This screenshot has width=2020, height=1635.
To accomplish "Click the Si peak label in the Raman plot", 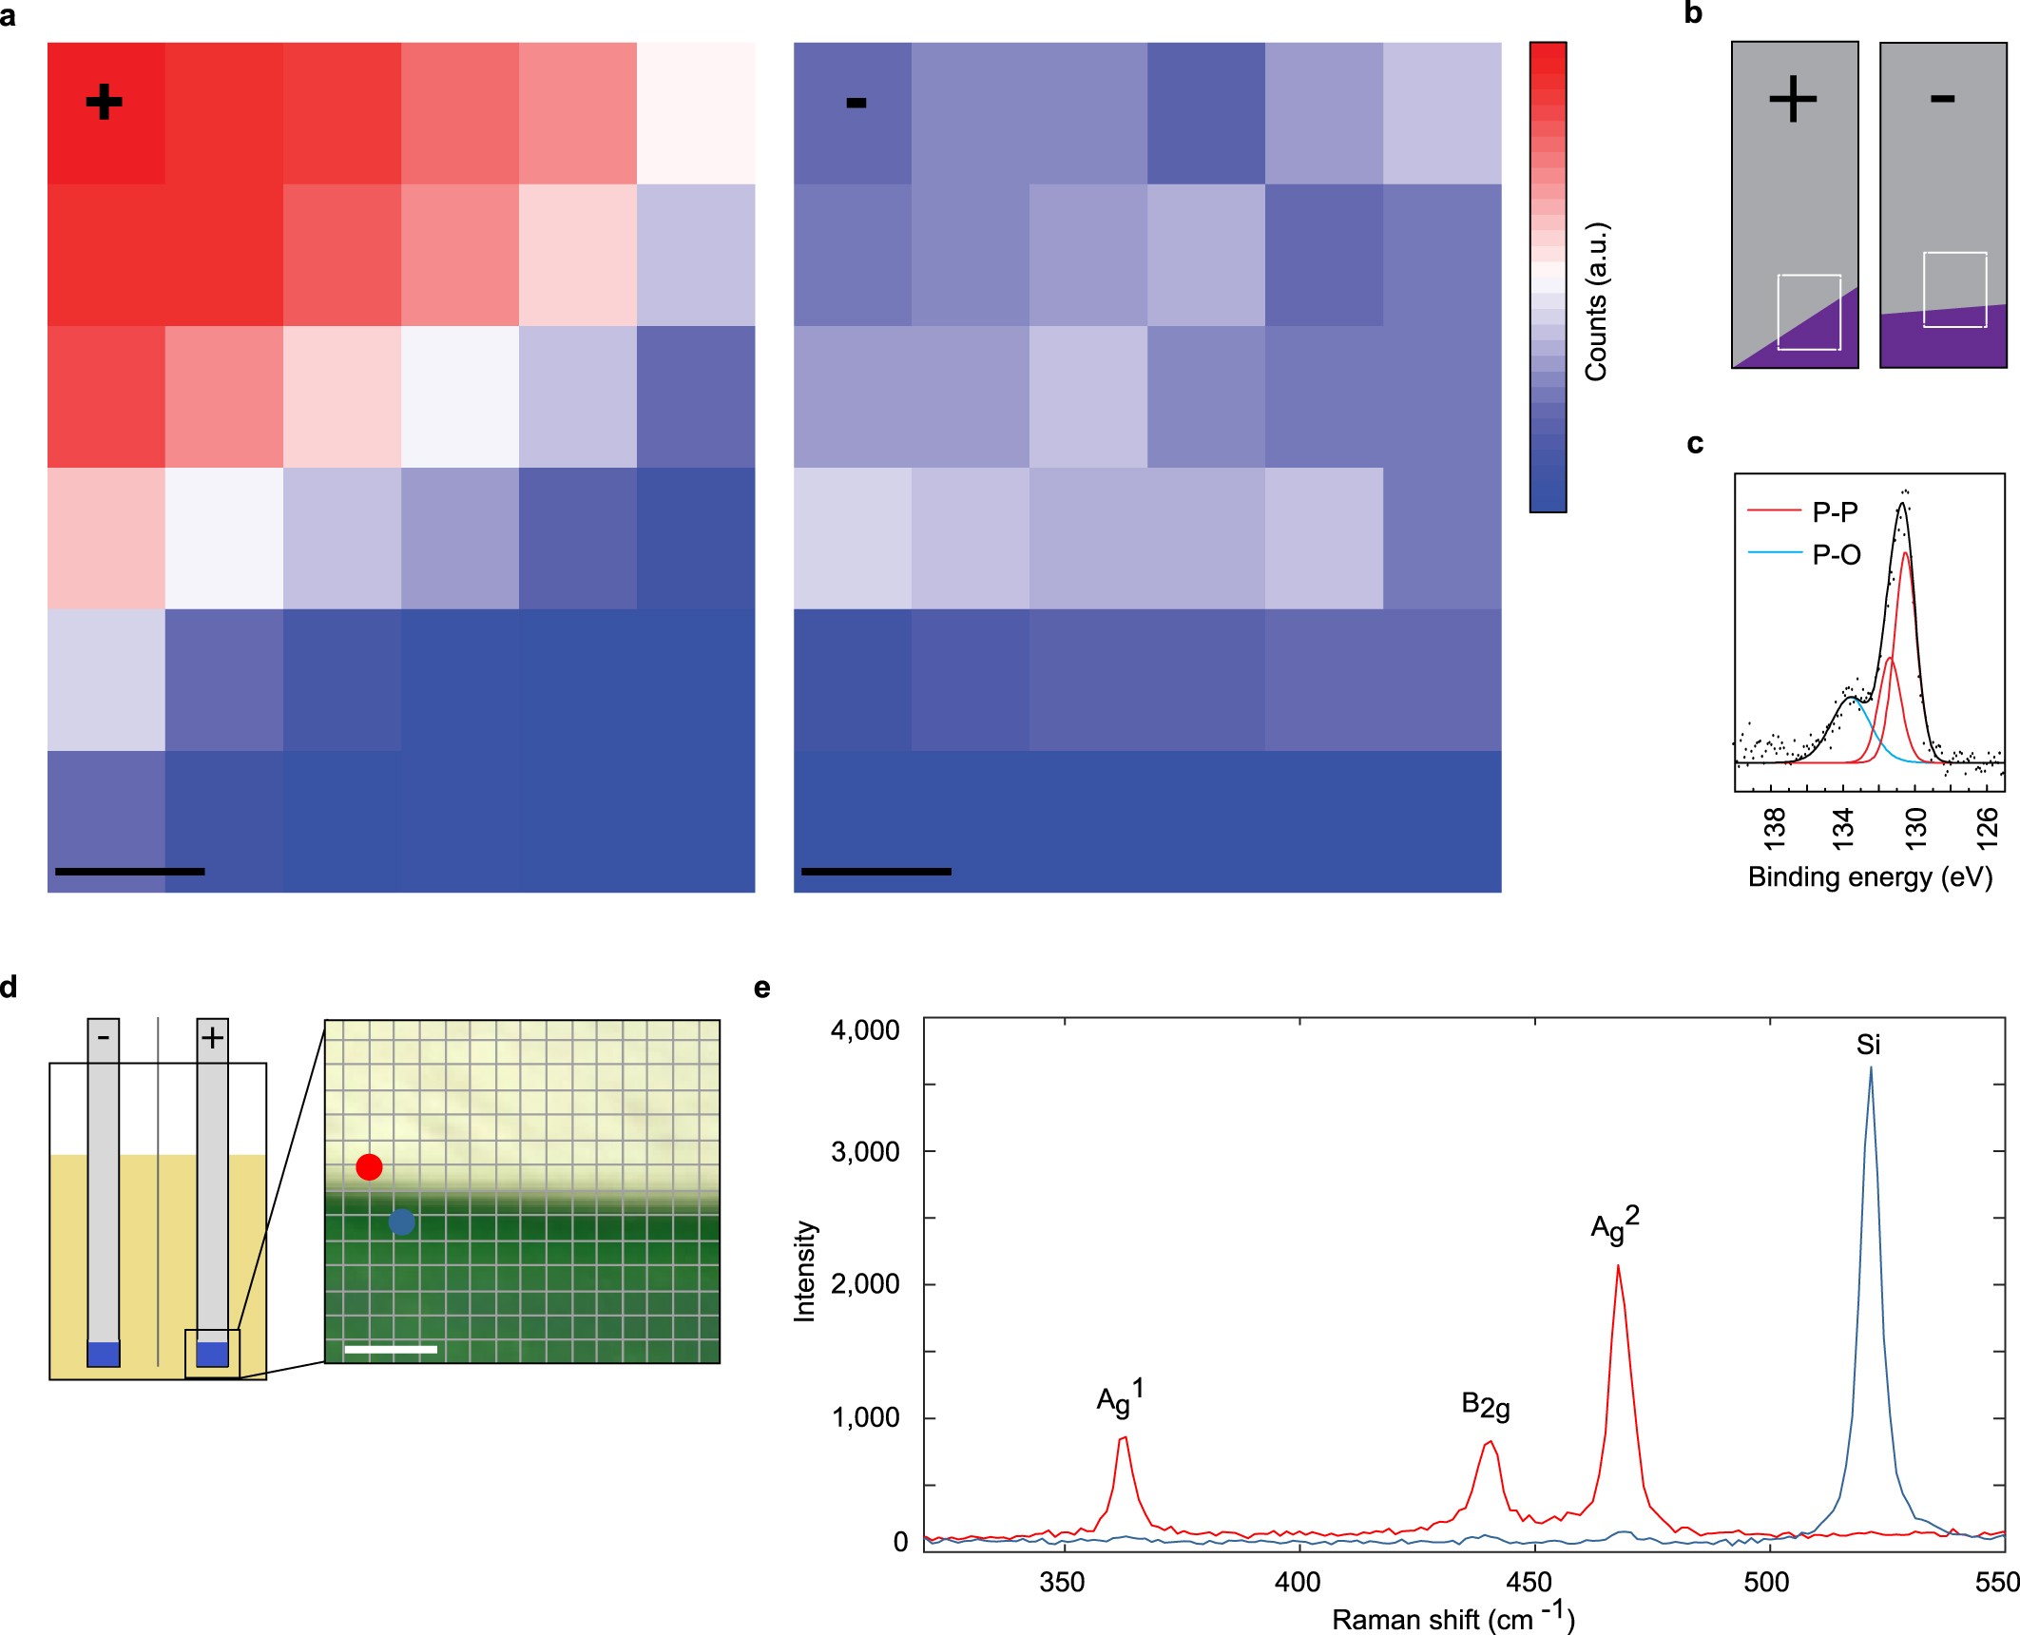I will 1868,1045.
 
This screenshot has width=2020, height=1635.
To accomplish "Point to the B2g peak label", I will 1485,1405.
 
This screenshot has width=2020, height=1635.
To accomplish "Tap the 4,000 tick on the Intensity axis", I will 865,1030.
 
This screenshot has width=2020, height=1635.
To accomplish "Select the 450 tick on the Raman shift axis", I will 1529,1582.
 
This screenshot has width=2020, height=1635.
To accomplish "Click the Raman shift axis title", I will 1452,1618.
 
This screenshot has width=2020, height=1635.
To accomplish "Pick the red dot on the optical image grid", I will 369,1166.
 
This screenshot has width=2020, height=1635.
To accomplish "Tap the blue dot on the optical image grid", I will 401,1221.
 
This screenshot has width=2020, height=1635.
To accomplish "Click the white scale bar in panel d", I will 391,1349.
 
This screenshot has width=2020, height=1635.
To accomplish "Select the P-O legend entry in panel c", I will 1835,554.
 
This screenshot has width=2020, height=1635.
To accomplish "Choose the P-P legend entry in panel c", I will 1834,512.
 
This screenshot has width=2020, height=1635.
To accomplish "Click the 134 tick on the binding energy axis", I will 1844,827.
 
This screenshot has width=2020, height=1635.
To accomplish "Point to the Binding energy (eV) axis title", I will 1870,876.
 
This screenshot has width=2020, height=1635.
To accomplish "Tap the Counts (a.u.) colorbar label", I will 1596,302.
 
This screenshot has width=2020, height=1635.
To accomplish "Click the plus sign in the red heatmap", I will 104,102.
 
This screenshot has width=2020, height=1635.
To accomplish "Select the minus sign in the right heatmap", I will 856,103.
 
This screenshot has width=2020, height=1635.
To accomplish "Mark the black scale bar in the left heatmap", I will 130,871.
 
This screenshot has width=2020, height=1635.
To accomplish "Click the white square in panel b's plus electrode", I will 1809,313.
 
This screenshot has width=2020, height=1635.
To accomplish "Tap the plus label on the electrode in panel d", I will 212,1037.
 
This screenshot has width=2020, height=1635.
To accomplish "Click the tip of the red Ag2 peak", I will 1617,1265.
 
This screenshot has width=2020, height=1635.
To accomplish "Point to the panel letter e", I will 761,988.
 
